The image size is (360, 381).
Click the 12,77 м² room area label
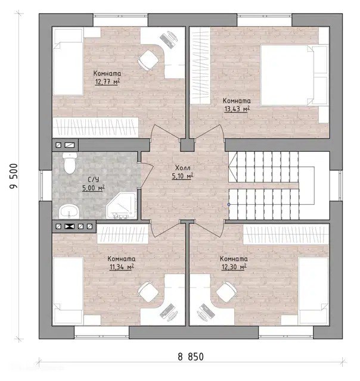pos(107,82)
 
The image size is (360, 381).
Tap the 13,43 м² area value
pos(237,109)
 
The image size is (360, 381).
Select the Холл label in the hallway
pos(182,168)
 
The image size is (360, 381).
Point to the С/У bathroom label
pos(94,180)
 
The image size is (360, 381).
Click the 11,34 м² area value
pos(122,267)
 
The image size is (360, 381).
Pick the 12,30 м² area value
pos(234,267)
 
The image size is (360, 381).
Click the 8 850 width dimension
pos(191,357)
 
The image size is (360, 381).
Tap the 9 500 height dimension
pos(14,176)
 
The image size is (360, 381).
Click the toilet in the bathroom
pos(70,163)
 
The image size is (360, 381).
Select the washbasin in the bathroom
pos(69,211)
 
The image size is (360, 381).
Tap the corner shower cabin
pos(122,205)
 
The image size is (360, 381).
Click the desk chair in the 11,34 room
pos(148,292)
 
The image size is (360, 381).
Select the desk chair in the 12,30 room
pos(226,292)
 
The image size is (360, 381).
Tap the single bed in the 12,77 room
pos(69,62)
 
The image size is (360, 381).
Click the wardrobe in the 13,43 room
pos(200,65)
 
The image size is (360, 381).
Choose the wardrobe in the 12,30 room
pos(286,234)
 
